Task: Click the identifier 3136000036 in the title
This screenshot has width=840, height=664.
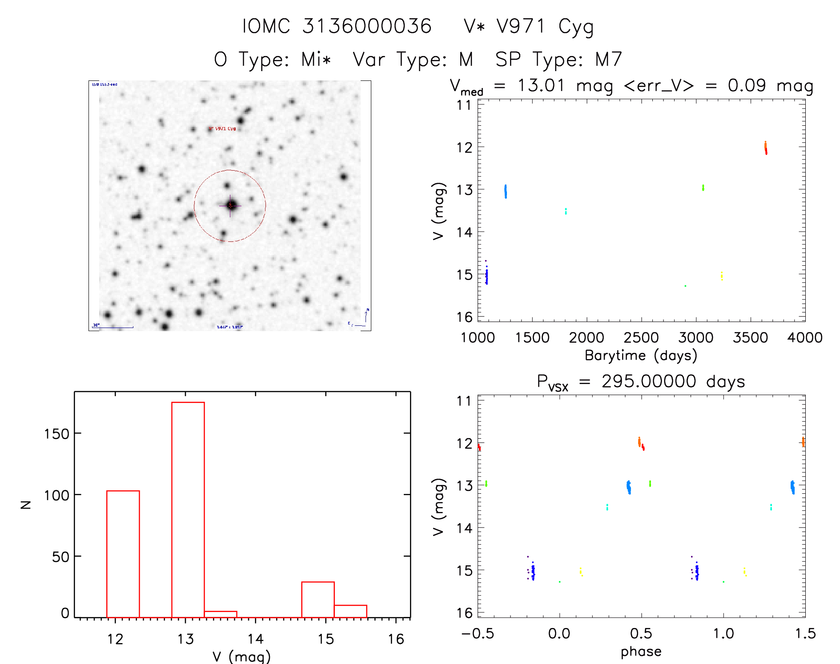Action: [367, 26]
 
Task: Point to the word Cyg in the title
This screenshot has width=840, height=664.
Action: [576, 27]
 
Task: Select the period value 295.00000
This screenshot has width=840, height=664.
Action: [648, 381]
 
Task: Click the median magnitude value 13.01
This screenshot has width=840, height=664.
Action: [541, 85]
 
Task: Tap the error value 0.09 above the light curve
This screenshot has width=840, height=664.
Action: [747, 85]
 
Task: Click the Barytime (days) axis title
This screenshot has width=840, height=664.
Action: [641, 355]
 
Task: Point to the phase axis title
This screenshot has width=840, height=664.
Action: [641, 651]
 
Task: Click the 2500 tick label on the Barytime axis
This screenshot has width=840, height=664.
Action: [641, 337]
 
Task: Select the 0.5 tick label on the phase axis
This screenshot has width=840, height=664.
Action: [641, 633]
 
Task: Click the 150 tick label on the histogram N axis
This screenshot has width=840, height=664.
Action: [56, 433]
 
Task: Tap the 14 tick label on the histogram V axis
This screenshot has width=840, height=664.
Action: [255, 639]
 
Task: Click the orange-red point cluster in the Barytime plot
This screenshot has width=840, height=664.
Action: [765, 148]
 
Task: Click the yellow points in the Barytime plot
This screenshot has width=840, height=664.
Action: [721, 276]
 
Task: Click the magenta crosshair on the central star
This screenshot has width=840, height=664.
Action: [230, 205]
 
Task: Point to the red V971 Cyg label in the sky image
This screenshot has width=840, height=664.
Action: [225, 128]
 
